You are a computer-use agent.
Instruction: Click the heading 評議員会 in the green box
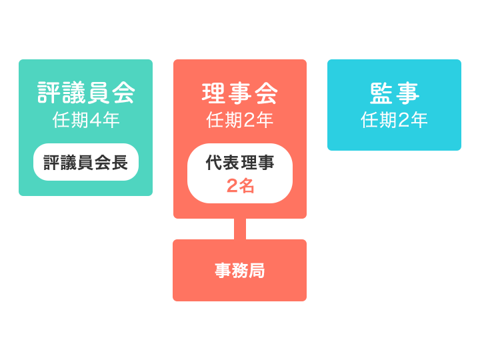coord(86,93)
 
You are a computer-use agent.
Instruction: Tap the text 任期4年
coord(86,120)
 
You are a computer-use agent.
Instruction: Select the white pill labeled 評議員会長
coord(86,163)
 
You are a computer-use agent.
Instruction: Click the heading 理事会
coord(240,93)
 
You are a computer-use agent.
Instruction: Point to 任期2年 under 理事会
coord(240,120)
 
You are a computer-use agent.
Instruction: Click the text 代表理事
coord(240,163)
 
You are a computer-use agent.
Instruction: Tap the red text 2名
coord(240,186)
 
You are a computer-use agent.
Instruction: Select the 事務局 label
coord(240,271)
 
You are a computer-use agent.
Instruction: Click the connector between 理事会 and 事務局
coord(240,229)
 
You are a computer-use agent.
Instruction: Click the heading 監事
coord(394,93)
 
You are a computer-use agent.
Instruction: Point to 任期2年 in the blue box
coord(394,120)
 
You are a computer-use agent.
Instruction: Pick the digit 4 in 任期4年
coord(95,121)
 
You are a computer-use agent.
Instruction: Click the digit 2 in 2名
coord(232,186)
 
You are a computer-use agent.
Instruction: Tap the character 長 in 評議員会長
coord(121,163)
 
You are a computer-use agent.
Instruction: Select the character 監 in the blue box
coord(381,93)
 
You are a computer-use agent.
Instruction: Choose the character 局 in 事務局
coord(257,271)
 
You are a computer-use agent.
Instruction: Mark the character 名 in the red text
coord(247,186)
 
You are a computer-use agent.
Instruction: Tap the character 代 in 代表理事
coord(214,163)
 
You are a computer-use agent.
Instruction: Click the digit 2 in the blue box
coord(403,121)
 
